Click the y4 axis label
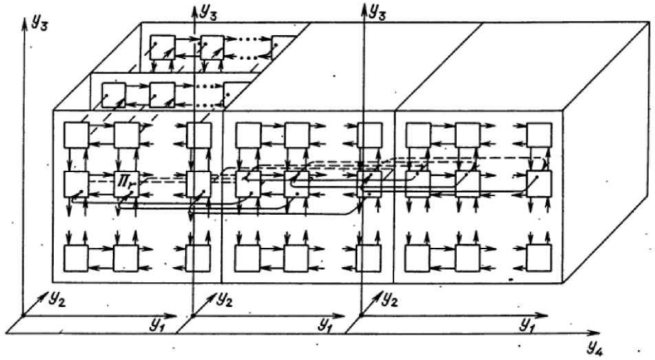596,343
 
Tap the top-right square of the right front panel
539,135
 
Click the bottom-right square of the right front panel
539,257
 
